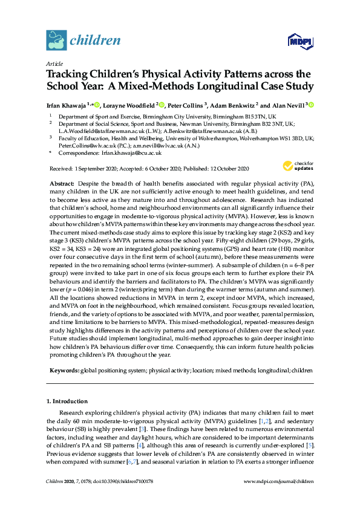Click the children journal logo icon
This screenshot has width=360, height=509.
pos(56,41)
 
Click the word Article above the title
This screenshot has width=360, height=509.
pos(53,63)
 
